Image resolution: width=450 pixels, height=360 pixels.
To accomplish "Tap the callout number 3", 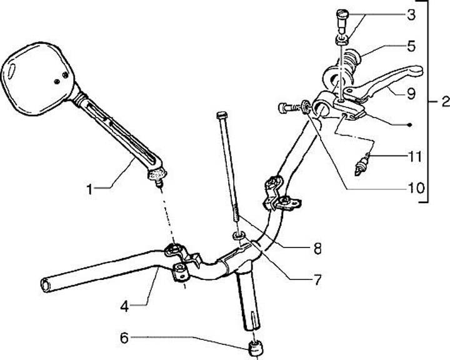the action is [x=410, y=15].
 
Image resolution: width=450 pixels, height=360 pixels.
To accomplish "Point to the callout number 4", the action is [x=126, y=306].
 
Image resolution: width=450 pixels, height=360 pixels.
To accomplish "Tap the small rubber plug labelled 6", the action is [x=254, y=347].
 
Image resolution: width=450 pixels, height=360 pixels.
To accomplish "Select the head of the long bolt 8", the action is [x=219, y=116].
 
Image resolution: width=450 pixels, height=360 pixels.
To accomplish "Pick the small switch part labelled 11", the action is [x=362, y=165].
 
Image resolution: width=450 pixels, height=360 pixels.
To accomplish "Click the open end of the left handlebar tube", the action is [x=46, y=284].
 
